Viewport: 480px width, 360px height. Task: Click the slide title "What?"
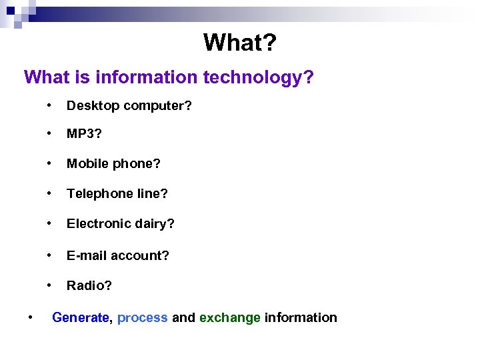pyautogui.click(x=239, y=43)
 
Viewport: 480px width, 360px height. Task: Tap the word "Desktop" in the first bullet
pyautogui.click(x=90, y=106)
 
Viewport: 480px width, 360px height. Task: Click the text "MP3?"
pyautogui.click(x=83, y=134)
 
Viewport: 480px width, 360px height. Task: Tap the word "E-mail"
pyautogui.click(x=87, y=255)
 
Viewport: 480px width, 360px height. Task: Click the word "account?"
pyautogui.click(x=140, y=255)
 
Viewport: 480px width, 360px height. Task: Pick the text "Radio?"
pyautogui.click(x=89, y=285)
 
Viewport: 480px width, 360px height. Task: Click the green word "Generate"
pyautogui.click(x=80, y=318)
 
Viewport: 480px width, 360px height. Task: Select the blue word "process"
pyautogui.click(x=142, y=318)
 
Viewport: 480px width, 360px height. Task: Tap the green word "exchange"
pyautogui.click(x=230, y=318)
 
